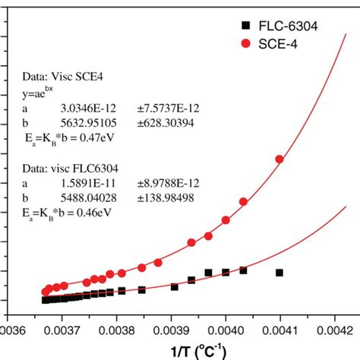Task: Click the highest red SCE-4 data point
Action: [279, 159]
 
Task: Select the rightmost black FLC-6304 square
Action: [279, 272]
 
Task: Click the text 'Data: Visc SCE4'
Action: [52, 77]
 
